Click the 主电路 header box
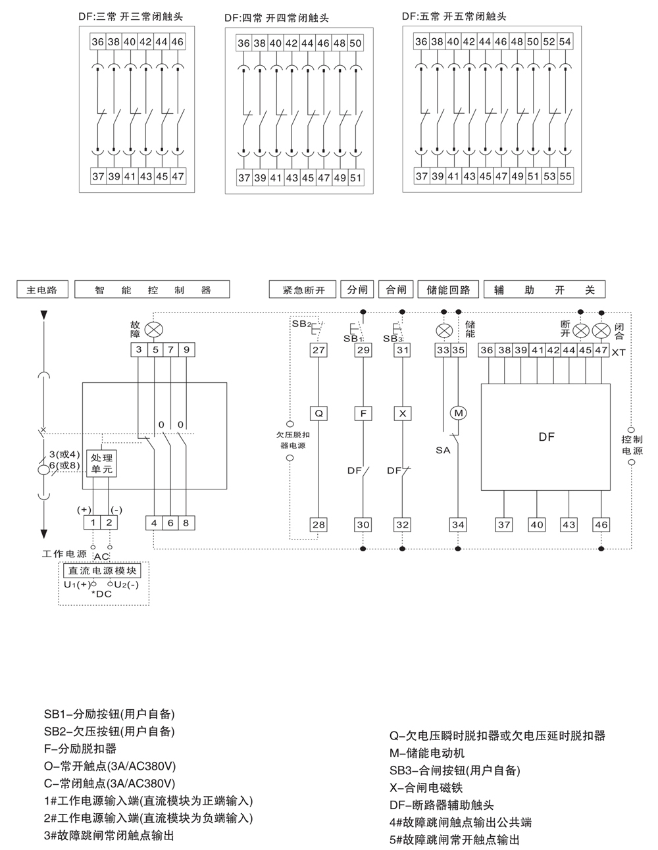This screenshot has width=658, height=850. pyautogui.click(x=42, y=289)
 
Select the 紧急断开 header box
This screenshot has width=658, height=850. pyautogui.click(x=302, y=289)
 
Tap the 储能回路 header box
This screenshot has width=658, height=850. pyautogui.click(x=448, y=289)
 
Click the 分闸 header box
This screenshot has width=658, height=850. pyautogui.click(x=357, y=289)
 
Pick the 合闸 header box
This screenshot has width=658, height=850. pyautogui.click(x=396, y=289)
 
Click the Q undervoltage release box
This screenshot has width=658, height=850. pyautogui.click(x=318, y=413)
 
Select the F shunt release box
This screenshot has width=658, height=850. pyautogui.click(x=363, y=413)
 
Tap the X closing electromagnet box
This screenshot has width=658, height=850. pyautogui.click(x=402, y=413)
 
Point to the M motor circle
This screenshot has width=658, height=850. pyautogui.click(x=458, y=413)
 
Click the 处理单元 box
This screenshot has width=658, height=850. pyautogui.click(x=101, y=463)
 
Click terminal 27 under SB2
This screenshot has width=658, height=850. pyautogui.click(x=318, y=350)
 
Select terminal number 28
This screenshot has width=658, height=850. pyautogui.click(x=318, y=524)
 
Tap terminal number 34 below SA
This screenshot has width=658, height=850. pyautogui.click(x=458, y=524)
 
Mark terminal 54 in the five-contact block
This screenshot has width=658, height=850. pyautogui.click(x=565, y=41)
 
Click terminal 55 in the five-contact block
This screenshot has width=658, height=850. pyautogui.click(x=565, y=176)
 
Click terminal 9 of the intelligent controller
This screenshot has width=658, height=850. pyautogui.click(x=186, y=350)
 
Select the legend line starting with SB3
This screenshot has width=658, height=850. pyautogui.click(x=455, y=770)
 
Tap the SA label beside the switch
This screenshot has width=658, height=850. pyautogui.click(x=443, y=451)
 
